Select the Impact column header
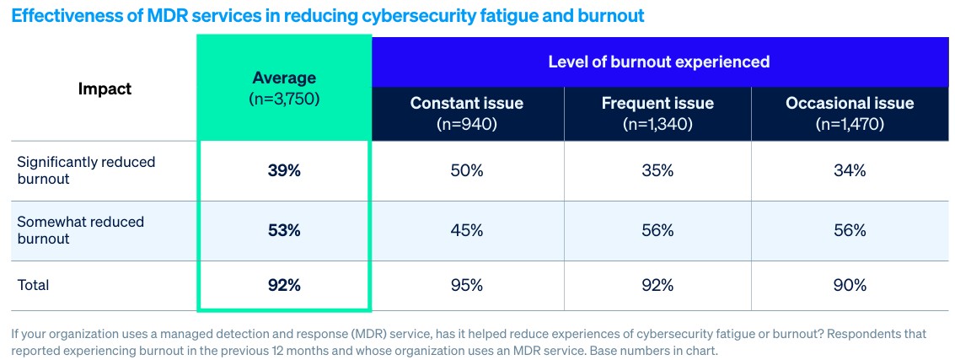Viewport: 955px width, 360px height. [105, 89]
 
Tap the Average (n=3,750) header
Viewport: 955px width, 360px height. [283, 88]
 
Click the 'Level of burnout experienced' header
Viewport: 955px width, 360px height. [658, 62]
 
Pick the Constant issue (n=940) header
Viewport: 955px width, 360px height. [466, 113]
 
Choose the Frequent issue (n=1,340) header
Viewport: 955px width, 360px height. [657, 113]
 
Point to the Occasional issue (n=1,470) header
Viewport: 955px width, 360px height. [849, 113]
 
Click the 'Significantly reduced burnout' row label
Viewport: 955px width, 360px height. [86, 170]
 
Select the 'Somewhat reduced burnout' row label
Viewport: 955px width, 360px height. [80, 230]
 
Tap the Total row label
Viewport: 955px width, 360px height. [34, 285]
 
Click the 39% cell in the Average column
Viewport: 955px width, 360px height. [283, 170]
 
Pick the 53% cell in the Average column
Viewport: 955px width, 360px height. [283, 230]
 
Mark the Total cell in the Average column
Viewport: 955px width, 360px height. [283, 285]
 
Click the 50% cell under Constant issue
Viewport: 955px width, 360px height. [466, 170]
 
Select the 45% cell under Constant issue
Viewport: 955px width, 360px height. [466, 230]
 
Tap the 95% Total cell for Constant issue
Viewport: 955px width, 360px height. [466, 285]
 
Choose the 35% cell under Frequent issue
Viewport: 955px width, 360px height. [657, 170]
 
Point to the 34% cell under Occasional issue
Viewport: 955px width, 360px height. [849, 170]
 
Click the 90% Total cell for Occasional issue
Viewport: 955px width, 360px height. [849, 285]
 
